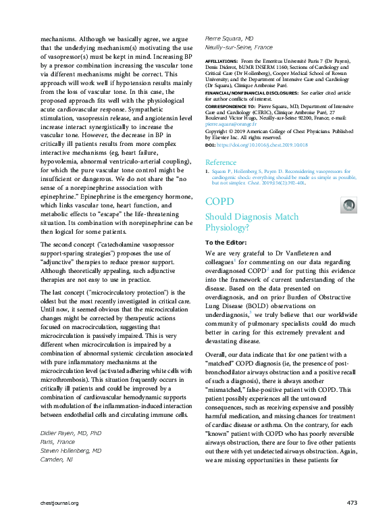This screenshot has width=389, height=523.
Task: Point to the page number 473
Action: click(351, 503)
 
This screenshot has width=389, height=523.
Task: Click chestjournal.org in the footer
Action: click(59, 503)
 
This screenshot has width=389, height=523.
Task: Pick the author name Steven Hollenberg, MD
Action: click(71, 450)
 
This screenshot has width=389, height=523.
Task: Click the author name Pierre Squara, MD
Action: click(229, 39)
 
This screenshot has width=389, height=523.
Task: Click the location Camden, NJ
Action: click(56, 459)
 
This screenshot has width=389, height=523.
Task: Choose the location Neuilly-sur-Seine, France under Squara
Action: click(238, 48)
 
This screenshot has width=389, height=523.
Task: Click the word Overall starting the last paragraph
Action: click(216, 354)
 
